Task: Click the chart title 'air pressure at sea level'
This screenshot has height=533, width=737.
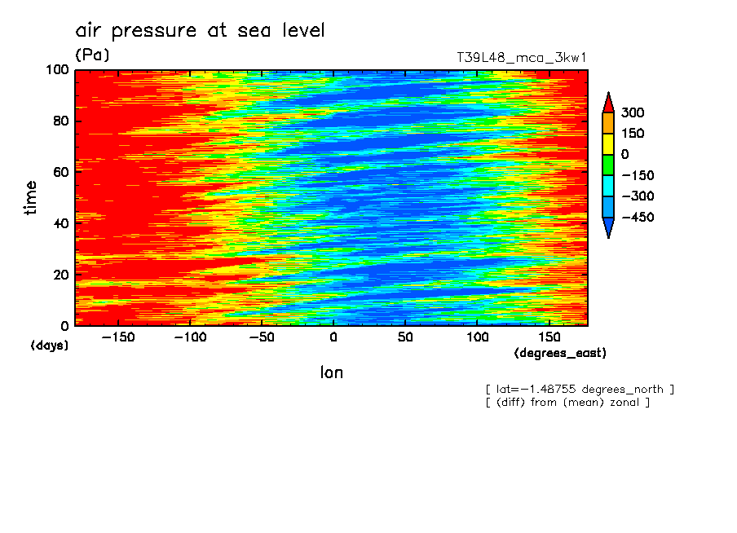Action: click(200, 31)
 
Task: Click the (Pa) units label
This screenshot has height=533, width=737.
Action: click(92, 55)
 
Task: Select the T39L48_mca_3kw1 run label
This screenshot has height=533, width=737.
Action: click(522, 58)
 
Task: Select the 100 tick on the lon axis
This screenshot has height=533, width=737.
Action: click(478, 337)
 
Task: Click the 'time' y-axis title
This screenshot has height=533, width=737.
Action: click(32, 197)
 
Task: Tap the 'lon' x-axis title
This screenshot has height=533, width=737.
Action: click(331, 372)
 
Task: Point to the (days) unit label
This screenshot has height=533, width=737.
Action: click(50, 346)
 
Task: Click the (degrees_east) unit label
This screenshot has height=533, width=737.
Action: click(561, 354)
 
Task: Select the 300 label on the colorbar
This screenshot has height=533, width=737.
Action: click(633, 112)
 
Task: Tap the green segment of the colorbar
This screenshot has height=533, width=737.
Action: click(607, 165)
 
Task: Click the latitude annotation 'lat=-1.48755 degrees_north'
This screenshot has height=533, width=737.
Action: click(580, 389)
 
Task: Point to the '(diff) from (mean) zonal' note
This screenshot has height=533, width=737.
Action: click(567, 402)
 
